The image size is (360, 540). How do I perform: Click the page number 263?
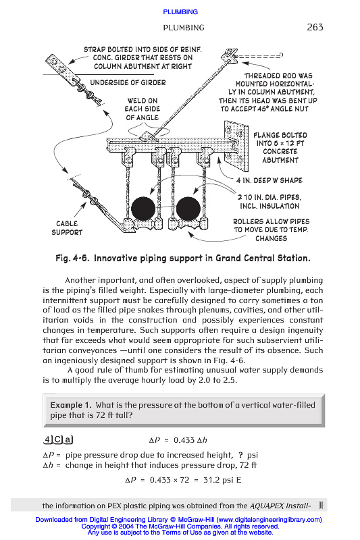pyautogui.click(x=315, y=27)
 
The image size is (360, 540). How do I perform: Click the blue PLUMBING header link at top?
pyautogui.click(x=180, y=12)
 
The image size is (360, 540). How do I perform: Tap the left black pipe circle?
pyautogui.click(x=143, y=209)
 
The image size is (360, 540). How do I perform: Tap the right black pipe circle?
pyautogui.click(x=188, y=209)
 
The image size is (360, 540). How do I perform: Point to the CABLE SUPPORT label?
pyautogui.click(x=67, y=228)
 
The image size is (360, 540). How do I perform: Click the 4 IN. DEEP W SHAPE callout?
pyautogui.click(x=269, y=180)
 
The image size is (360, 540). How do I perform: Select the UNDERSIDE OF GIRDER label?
pyautogui.click(x=128, y=82)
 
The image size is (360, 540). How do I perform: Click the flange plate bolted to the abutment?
pyautogui.click(x=236, y=146)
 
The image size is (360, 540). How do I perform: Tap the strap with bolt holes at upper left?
pyautogui.click(x=63, y=71)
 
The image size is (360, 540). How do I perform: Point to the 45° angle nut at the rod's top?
pyautogui.click(x=230, y=55)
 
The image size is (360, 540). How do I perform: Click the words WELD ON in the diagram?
pyautogui.click(x=143, y=101)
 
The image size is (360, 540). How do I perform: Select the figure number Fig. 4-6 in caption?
pyautogui.click(x=73, y=259)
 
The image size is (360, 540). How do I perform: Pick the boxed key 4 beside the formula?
pyautogui.click(x=47, y=440)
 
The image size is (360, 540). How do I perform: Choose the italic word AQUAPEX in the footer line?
pyautogui.click(x=266, y=506)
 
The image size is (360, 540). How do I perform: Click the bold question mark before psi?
pyautogui.click(x=240, y=455)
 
